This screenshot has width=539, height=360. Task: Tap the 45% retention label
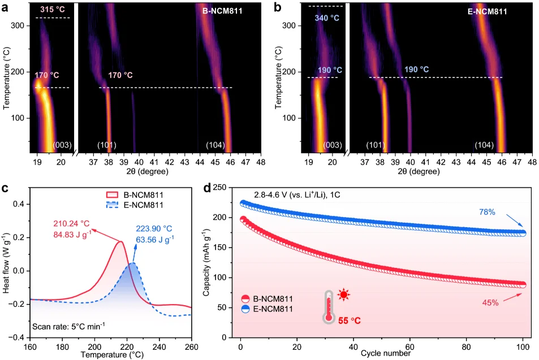point(490,303)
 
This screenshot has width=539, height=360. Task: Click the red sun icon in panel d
point(343,294)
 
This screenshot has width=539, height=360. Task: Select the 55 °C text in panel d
point(350,320)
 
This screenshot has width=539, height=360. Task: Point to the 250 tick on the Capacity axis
point(227,188)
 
